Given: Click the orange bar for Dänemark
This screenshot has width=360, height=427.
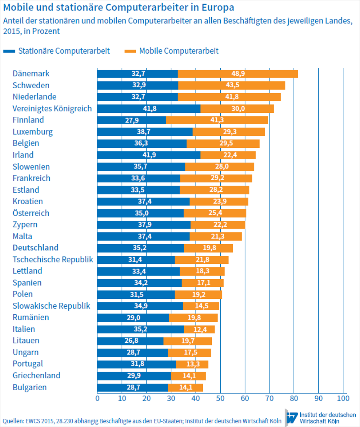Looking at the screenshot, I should point(238,74).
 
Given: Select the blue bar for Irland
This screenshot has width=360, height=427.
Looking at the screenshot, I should point(149,155).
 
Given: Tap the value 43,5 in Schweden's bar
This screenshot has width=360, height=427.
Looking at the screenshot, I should point(232,85).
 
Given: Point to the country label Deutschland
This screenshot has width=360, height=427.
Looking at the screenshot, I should point(36,248).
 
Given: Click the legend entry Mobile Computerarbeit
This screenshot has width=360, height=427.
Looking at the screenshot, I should point(179,51).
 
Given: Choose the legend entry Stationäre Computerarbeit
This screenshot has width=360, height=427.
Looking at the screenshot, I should point(64,51).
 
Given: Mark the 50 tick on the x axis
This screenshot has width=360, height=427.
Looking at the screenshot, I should point(220,398).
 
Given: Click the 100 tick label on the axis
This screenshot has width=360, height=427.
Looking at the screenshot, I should point(342,398).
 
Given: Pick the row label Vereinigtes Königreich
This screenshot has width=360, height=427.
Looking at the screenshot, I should point(52,108).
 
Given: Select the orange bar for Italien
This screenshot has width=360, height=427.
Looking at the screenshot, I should point(199,329).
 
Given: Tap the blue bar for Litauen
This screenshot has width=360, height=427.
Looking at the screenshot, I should point(130,341).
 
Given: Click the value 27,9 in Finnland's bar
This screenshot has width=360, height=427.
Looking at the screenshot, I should point(132,120).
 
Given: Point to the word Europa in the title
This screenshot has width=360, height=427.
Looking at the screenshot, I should point(216,7).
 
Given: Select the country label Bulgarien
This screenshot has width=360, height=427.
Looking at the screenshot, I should point(30,388).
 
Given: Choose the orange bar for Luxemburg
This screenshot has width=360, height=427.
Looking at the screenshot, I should point(229,132).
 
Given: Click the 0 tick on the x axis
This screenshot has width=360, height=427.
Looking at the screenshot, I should point(97,398).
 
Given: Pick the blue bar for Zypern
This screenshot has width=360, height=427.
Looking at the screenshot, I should point(144,225).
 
